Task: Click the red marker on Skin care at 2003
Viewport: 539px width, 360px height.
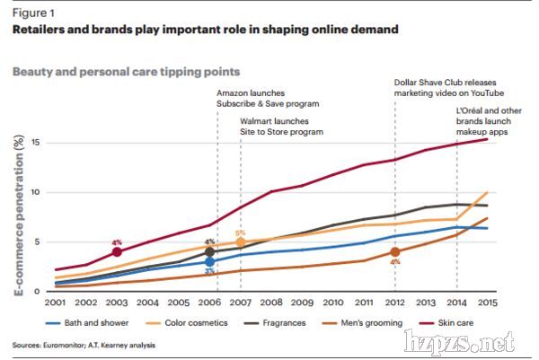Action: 118,252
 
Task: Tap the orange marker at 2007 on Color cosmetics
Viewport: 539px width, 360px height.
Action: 240,241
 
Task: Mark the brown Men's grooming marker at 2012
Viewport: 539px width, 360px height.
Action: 394,252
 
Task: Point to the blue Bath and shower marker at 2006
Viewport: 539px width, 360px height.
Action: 209,262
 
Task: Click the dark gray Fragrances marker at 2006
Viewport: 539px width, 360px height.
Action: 209,252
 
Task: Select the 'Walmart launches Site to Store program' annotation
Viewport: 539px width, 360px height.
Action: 280,126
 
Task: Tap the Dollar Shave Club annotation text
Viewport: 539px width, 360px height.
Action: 448,88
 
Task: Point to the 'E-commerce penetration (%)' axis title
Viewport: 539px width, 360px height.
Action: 17,215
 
